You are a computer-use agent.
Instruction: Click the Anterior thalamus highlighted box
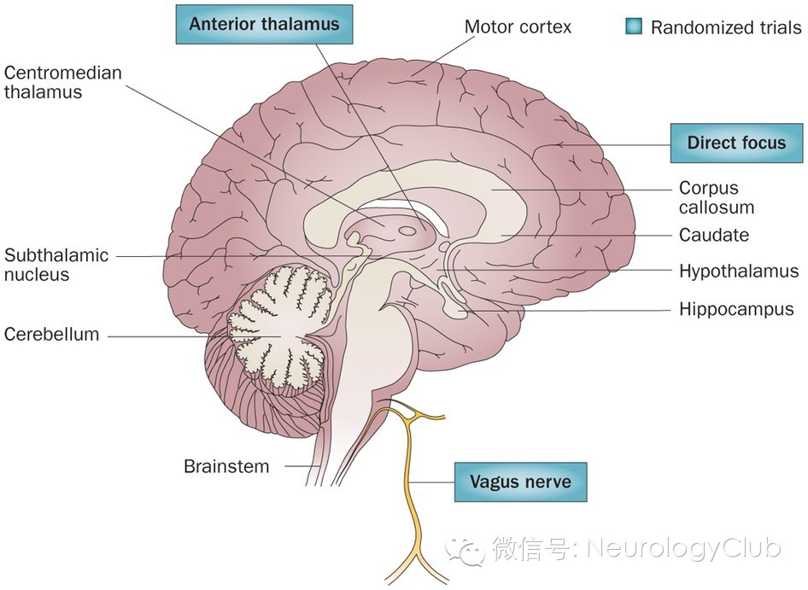pyautogui.click(x=264, y=24)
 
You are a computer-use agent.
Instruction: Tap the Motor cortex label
pyautogui.click(x=518, y=26)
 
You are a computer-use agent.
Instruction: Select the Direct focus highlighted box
pyautogui.click(x=735, y=143)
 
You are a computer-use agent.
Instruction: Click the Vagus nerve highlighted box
pyautogui.click(x=520, y=482)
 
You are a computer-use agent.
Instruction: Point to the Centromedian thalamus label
pyautogui.click(x=62, y=83)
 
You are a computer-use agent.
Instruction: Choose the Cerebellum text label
pyautogui.click(x=51, y=335)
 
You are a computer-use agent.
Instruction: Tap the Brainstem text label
pyautogui.click(x=226, y=466)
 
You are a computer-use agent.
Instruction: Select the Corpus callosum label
pyautogui.click(x=716, y=197)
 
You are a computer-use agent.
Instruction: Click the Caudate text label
pyautogui.click(x=714, y=235)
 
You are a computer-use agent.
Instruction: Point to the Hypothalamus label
pyautogui.click(x=739, y=272)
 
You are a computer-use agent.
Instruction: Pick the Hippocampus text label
pyautogui.click(x=736, y=309)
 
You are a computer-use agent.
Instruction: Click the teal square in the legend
pyautogui.click(x=633, y=26)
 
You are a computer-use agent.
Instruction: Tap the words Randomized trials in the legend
pyautogui.click(x=726, y=27)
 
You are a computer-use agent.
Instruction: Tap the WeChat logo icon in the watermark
pyautogui.click(x=470, y=549)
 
